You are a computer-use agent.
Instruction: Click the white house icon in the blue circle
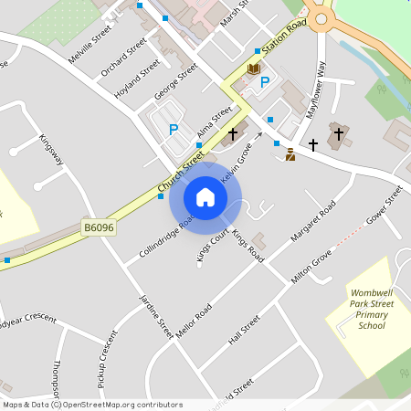(x=205, y=197)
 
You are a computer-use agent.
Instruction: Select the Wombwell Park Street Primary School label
(x=372, y=309)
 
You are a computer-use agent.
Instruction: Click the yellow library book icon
(x=253, y=69)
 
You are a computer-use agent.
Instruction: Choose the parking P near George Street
(x=173, y=129)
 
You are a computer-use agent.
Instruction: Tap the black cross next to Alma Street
(x=233, y=134)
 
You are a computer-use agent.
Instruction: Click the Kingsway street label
(x=51, y=151)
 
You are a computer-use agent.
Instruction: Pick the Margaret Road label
(x=313, y=222)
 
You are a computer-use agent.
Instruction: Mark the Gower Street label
(x=384, y=206)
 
